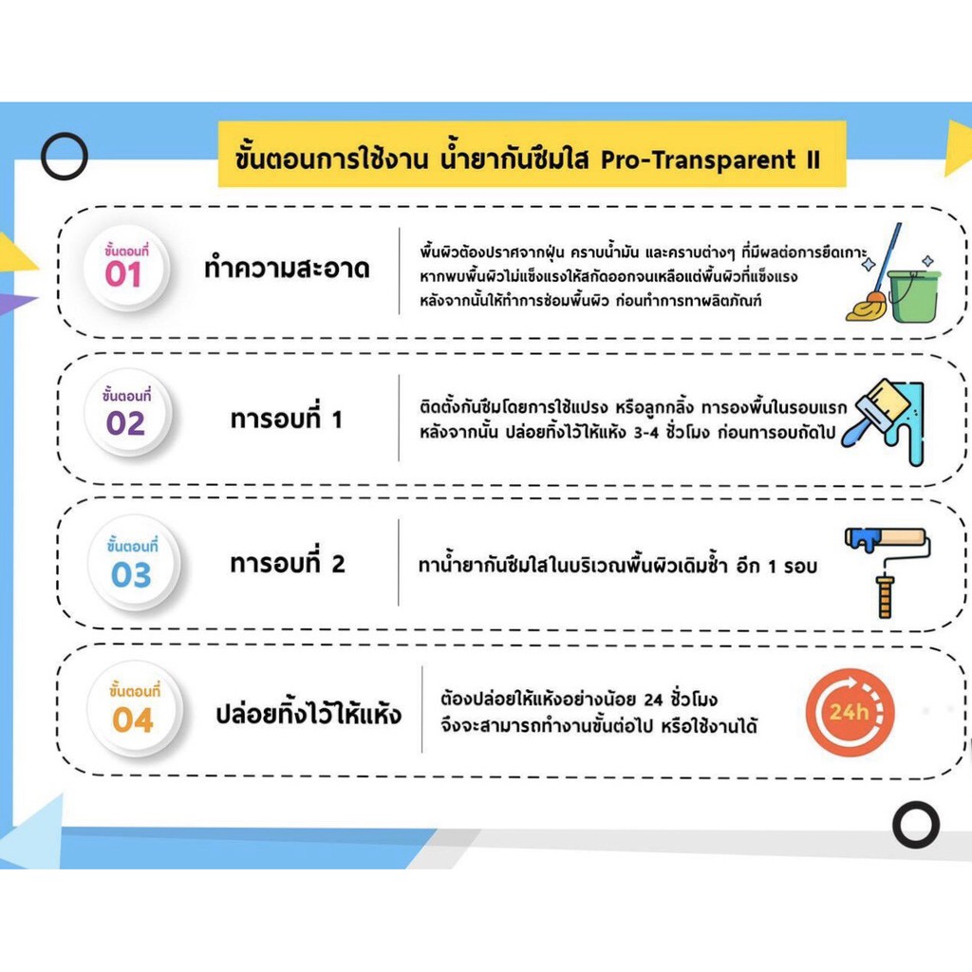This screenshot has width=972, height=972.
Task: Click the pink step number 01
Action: click(122, 274)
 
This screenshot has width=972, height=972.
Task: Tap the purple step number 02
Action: click(125, 422)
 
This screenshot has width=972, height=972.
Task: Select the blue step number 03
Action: click(131, 574)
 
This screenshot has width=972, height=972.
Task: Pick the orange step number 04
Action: click(133, 720)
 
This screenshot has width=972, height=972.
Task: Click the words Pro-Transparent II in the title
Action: click(710, 159)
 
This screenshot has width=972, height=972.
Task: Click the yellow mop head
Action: click(867, 307)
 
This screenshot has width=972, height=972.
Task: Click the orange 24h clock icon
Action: click(850, 712)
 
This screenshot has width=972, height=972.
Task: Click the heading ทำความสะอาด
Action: click(287, 268)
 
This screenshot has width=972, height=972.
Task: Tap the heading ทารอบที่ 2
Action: click(287, 562)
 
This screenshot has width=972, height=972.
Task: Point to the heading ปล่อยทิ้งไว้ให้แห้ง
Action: click(308, 712)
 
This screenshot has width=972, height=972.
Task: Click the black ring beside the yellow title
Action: click(65, 134)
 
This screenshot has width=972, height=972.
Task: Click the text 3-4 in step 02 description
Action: click(645, 433)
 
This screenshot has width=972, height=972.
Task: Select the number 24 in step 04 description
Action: click(653, 700)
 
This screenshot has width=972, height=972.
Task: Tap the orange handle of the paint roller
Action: click(886, 597)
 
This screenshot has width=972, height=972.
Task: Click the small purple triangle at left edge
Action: click(15, 304)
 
